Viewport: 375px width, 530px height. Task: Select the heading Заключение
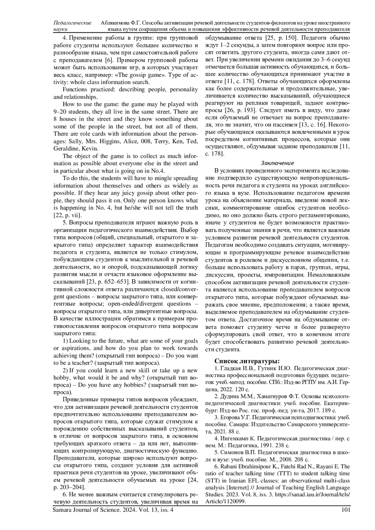(277, 163)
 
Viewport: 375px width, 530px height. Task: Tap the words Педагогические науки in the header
(72, 26)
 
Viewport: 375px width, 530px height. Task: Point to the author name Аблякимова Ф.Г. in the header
(120, 23)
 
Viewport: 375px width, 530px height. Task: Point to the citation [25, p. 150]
(279, 38)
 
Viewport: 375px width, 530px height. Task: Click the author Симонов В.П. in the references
(233, 453)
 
